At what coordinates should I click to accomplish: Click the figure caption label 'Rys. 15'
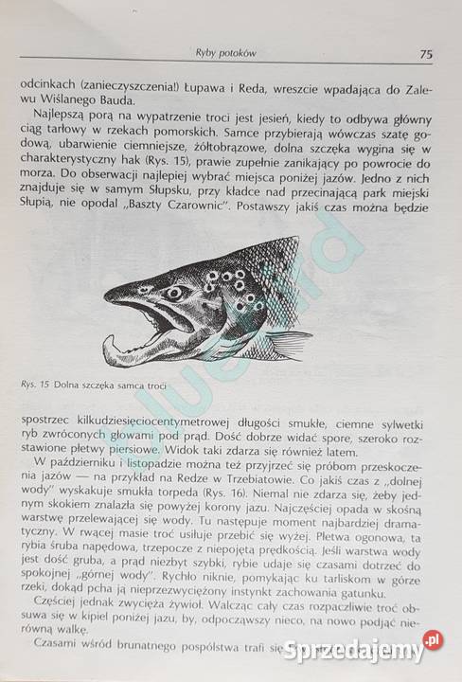pos(35,384)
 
